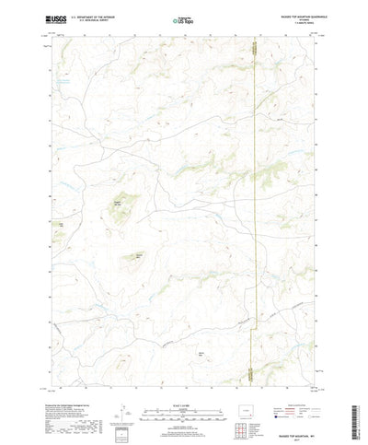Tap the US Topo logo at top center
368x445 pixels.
(x=184, y=18)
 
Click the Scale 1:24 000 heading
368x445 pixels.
(x=184, y=373)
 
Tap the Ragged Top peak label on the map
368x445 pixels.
(x=117, y=203)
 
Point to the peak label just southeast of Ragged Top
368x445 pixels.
(x=140, y=255)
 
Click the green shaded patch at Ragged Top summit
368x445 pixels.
(x=120, y=214)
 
